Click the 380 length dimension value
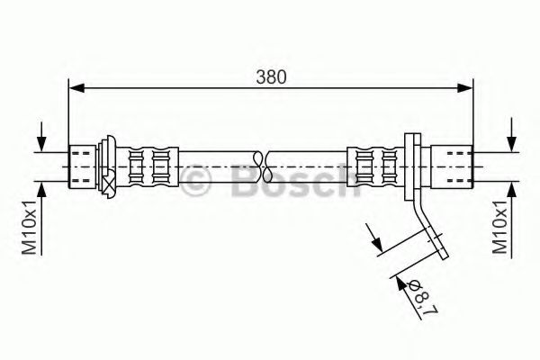(272, 77)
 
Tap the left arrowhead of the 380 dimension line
(76, 87)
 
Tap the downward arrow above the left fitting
(40, 144)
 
